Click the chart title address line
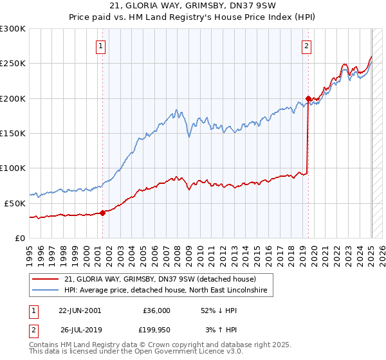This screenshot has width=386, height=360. [x=192, y=6]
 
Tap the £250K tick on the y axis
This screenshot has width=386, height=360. [x=13, y=64]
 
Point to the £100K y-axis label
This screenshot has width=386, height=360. [x=13, y=168]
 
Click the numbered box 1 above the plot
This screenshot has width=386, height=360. [x=102, y=46]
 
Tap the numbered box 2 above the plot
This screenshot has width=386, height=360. [x=307, y=46]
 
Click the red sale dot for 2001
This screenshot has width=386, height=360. [x=103, y=213]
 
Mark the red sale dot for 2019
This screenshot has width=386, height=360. [x=308, y=99]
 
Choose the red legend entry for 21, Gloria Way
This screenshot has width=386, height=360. [x=160, y=280]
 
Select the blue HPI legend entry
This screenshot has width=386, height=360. [x=169, y=291]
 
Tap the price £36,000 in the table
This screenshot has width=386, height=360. [x=156, y=309]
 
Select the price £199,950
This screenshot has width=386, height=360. [x=156, y=330]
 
